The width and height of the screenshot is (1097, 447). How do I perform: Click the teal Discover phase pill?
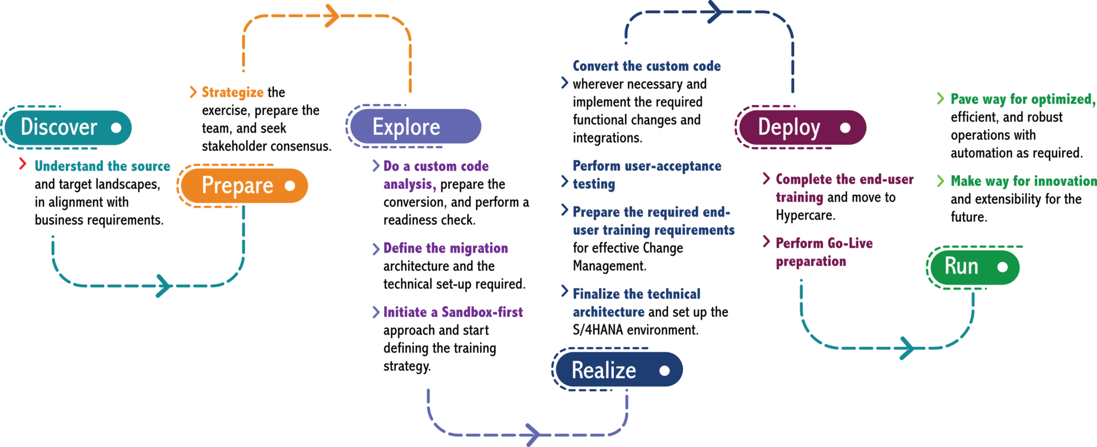pos(67,127)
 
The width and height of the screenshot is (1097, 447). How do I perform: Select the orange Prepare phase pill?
pos(244,186)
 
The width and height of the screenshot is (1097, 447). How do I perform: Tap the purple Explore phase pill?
pos(415,127)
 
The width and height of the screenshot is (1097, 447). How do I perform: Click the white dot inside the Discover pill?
pos(116,127)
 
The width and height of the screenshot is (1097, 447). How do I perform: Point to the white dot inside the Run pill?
pos(1003,267)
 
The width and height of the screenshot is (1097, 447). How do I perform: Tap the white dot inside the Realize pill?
pos(665,370)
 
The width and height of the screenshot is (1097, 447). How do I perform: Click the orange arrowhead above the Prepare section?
pos(332,16)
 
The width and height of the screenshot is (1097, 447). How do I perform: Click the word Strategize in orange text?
pos(232,93)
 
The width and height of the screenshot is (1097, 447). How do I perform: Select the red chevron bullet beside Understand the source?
pos(22,164)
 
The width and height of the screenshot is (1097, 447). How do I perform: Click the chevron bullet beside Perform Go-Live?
pos(766,242)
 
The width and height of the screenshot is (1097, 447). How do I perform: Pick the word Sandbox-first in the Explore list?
pos(482,312)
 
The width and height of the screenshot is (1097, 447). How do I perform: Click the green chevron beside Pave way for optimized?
pos(940,99)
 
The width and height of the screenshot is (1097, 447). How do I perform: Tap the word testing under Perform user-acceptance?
pos(594,184)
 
